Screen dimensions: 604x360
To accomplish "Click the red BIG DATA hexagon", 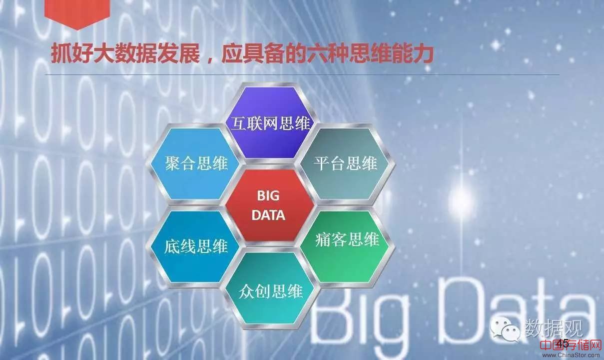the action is [270, 205].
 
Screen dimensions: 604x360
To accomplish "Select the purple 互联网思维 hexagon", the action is [270, 123].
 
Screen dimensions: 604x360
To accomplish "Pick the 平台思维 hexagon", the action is [345, 164].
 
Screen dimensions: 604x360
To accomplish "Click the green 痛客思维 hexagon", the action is [345, 246].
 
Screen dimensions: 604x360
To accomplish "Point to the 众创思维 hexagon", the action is [270, 288].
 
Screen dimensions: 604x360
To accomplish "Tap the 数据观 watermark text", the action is [554, 327].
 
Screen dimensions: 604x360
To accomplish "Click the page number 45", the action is [563, 343].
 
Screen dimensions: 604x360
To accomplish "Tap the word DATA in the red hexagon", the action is [268, 215].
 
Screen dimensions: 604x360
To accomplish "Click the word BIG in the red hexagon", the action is [268, 195].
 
